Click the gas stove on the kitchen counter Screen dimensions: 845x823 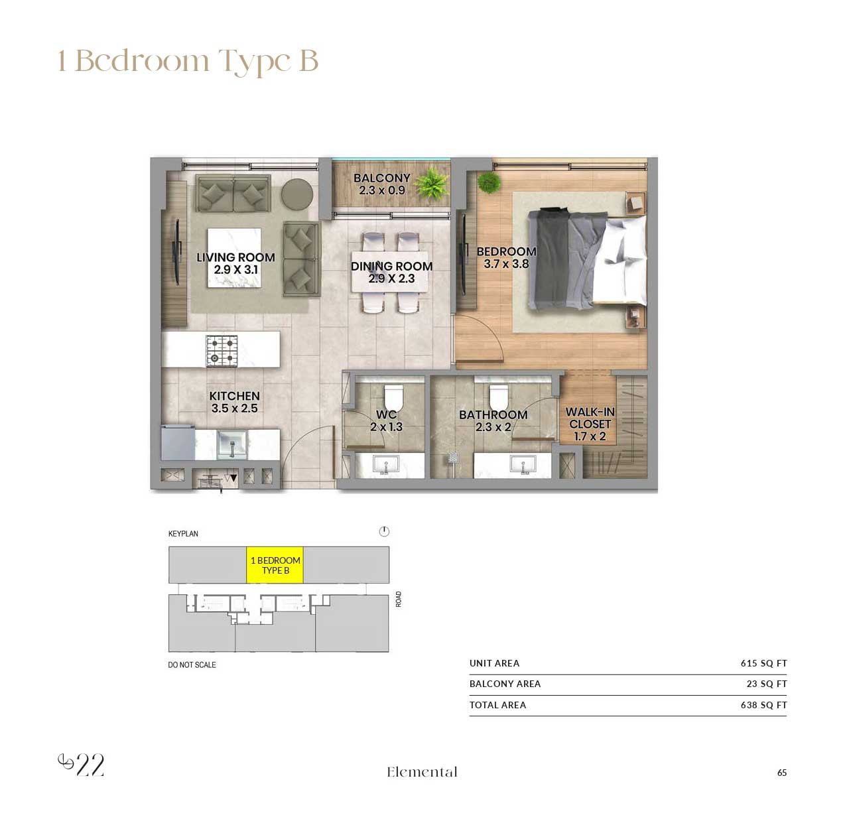coord(222,350)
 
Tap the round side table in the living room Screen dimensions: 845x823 coord(297,195)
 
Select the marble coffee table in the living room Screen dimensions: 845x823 coord(235,258)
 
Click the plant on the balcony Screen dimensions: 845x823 coord(432,183)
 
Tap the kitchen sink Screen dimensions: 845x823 coord(232,444)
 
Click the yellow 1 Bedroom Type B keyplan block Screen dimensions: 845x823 coord(275,565)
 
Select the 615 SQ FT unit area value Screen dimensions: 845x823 coord(763,663)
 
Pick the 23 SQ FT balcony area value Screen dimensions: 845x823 coord(767,684)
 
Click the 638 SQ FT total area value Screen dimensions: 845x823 coord(763,705)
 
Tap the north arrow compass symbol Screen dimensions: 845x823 coord(384,531)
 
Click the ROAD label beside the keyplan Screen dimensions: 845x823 coord(399,599)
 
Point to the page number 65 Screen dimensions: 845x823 coord(781,773)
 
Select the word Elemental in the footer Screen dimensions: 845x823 coord(422,772)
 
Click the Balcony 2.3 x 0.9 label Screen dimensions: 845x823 coord(381,184)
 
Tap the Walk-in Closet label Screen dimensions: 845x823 coord(590,424)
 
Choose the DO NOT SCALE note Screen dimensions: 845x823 coord(192,665)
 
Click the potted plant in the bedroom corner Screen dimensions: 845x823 coord(489,182)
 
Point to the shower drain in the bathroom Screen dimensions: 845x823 coord(453,458)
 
